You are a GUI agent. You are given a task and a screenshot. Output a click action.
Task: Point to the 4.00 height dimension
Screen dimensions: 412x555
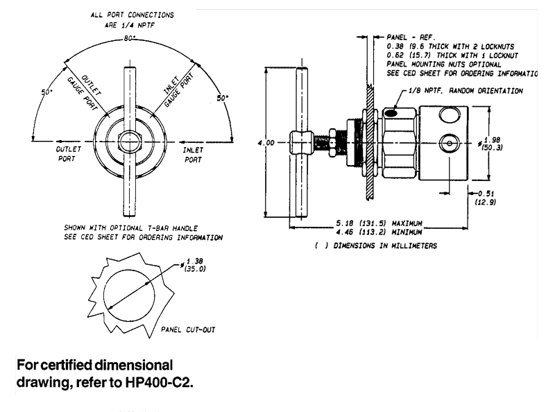click(x=266, y=143)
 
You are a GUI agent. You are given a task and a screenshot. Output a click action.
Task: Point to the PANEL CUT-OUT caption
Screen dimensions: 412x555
click(x=187, y=330)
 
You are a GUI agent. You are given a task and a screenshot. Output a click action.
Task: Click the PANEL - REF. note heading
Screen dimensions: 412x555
click(x=409, y=36)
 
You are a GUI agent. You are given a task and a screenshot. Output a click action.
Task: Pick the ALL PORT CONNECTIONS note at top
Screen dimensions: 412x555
click(x=131, y=19)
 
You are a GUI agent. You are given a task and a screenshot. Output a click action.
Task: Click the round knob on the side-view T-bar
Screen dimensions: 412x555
click(x=300, y=143)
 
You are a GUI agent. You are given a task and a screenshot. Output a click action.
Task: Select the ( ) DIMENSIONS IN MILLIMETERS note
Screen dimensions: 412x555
click(x=375, y=246)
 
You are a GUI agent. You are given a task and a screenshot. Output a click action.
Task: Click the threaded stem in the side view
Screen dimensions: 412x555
click(x=322, y=143)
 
